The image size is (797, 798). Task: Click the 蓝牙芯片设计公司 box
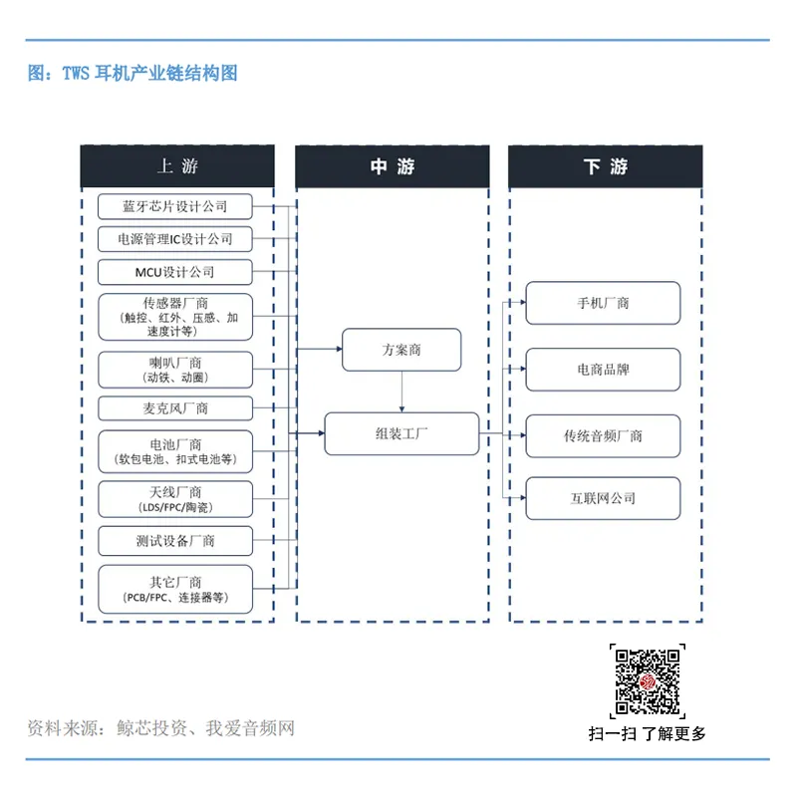[x=174, y=206]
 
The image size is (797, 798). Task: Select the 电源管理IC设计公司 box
[x=174, y=239]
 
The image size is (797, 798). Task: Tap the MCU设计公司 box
[x=174, y=272]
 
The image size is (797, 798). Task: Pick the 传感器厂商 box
[x=174, y=317]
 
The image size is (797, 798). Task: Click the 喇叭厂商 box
[x=174, y=369]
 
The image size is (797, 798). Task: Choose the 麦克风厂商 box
[x=174, y=408]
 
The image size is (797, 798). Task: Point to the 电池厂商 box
[x=174, y=451]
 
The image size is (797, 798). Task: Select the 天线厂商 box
[x=174, y=499]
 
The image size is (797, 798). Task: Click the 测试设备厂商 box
[x=174, y=541]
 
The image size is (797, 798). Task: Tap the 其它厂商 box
[x=174, y=589]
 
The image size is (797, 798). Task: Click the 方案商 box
[x=401, y=350]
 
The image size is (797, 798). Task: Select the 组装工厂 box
[x=401, y=434]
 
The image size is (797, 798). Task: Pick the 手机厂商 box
[x=603, y=303]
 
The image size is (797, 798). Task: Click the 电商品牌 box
[x=603, y=370]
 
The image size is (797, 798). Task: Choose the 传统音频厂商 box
[x=603, y=435]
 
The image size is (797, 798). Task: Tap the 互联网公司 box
[x=603, y=498]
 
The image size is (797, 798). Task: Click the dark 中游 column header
[x=393, y=166]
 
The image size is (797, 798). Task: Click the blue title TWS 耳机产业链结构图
[x=133, y=74]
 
